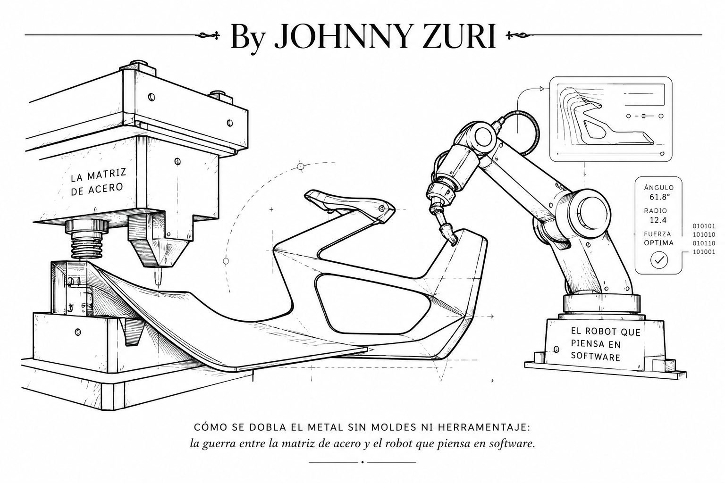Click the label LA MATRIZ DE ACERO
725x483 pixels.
click(x=97, y=182)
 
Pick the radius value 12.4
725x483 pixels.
click(x=658, y=220)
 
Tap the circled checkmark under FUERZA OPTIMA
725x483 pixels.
click(x=659, y=259)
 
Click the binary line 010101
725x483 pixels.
click(x=703, y=226)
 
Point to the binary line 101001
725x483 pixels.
click(x=703, y=252)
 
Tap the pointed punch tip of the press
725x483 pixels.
click(x=158, y=279)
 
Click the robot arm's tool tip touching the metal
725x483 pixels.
click(x=453, y=241)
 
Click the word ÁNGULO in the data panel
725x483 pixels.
click(x=658, y=188)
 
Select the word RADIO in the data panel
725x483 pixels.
click(x=656, y=211)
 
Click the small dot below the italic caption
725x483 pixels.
click(x=362, y=462)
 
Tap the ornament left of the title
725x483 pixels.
click(x=210, y=35)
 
